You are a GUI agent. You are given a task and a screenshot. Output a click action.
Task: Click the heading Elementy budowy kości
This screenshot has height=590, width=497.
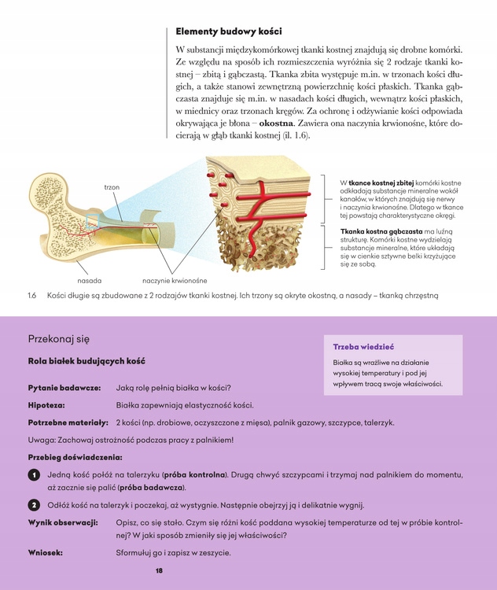(x=229, y=32)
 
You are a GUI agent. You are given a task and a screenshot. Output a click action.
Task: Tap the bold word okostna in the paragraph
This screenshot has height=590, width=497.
(x=276, y=124)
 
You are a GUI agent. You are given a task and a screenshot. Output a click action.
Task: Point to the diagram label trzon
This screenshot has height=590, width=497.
(x=111, y=187)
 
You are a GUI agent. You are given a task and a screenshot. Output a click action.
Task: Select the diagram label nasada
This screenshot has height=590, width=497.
(x=89, y=279)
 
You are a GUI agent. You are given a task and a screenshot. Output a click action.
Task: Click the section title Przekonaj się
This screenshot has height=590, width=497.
(x=59, y=339)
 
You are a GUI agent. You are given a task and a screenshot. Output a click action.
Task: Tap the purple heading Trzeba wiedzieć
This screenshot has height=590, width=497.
(x=363, y=346)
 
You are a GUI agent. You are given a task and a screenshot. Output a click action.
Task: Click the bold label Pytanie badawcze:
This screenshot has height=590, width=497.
(x=64, y=387)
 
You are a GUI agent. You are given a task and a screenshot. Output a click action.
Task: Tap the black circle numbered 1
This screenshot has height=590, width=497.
(x=35, y=475)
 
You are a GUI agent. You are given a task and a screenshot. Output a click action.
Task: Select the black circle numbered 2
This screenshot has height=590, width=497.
(x=35, y=505)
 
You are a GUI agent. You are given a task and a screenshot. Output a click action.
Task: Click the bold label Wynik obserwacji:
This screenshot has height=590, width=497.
(x=63, y=522)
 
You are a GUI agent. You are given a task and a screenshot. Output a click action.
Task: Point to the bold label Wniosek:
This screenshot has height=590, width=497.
(x=46, y=552)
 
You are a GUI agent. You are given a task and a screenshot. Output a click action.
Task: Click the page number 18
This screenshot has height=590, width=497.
(x=159, y=570)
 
